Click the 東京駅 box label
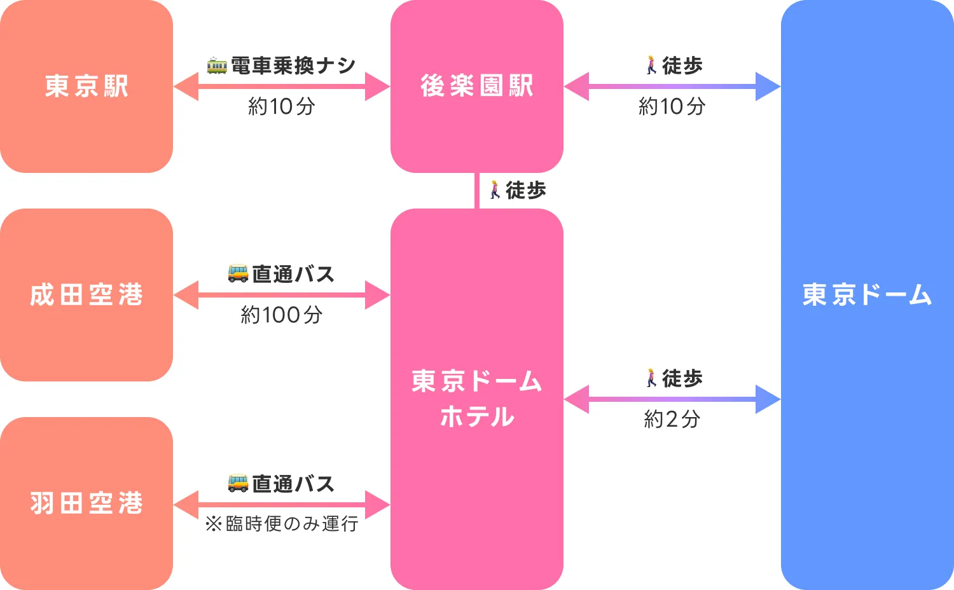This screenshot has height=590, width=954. [x=86, y=86]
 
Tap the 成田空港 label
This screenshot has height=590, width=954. [x=86, y=295]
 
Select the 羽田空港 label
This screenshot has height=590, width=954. [x=86, y=504]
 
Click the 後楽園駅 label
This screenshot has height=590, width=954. [x=476, y=86]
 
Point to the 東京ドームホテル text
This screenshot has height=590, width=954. [x=476, y=399]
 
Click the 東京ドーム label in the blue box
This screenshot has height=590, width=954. [x=867, y=295]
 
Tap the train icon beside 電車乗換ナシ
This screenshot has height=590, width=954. [x=217, y=65]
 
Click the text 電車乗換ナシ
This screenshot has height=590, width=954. [x=293, y=65]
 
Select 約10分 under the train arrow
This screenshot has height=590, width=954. [x=281, y=106]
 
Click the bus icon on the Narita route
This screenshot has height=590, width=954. [x=238, y=273]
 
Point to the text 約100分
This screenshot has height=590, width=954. [x=281, y=315]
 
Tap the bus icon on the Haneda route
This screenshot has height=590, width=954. [x=238, y=483]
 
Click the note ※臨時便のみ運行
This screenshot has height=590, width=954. [x=281, y=524]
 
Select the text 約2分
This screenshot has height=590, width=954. [x=672, y=419]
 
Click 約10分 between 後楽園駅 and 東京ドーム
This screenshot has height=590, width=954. [x=672, y=106]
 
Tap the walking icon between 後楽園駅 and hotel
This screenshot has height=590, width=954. [x=495, y=189]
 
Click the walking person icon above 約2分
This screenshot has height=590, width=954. [x=651, y=378]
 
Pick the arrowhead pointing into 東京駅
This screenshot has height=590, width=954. [x=186, y=86]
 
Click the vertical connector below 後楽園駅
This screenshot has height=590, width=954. [x=476, y=191]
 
